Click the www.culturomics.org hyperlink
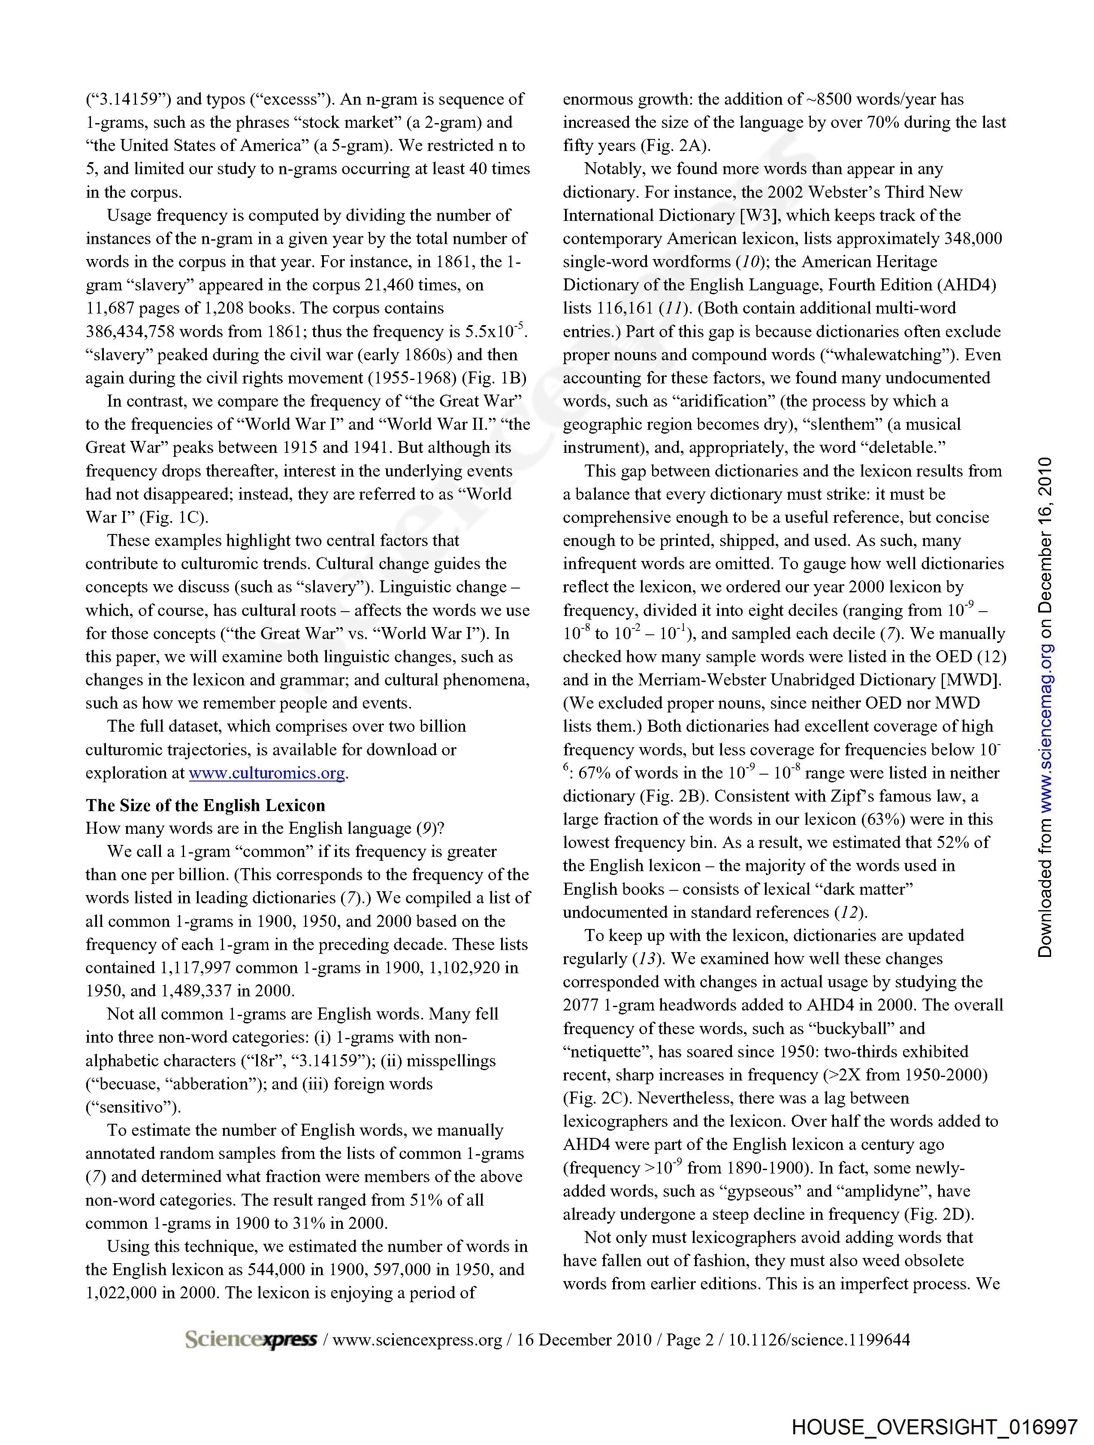(x=267, y=773)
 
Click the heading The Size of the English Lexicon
(x=205, y=805)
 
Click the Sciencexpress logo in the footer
(x=251, y=1340)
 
